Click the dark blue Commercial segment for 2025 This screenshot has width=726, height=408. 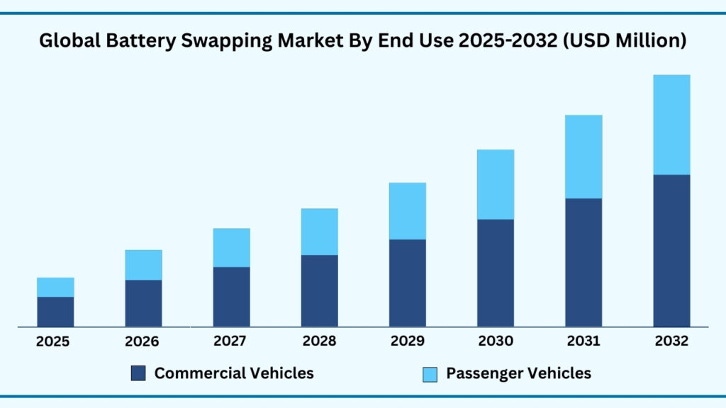click(x=55, y=312)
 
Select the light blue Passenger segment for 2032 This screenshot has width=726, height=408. click(x=671, y=125)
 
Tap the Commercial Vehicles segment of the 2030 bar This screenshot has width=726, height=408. click(x=496, y=273)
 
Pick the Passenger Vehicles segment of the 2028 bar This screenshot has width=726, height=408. click(x=319, y=232)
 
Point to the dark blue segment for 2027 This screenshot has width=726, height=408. click(x=231, y=296)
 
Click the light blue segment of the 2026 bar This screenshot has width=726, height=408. click(x=143, y=265)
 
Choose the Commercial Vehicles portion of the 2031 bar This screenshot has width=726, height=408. click(x=583, y=262)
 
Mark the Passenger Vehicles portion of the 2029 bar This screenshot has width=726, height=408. click(x=407, y=211)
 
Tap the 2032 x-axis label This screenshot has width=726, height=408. click(x=671, y=341)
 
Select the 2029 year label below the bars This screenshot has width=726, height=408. click(x=407, y=341)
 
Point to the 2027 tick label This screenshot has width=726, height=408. click(x=231, y=341)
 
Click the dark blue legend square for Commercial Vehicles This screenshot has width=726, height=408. click(x=139, y=373)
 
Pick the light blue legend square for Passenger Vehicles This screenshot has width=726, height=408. click(x=430, y=373)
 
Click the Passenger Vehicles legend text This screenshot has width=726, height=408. click(x=518, y=373)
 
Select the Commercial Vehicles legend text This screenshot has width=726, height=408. click(x=234, y=373)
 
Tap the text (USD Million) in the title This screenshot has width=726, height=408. click(x=627, y=42)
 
